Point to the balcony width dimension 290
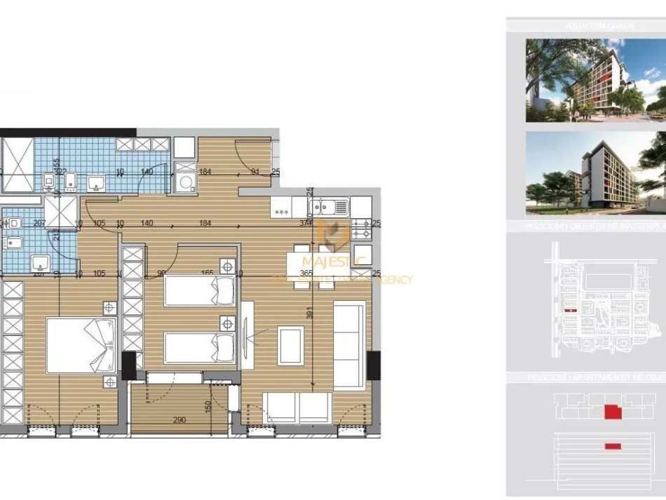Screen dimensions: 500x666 click(x=179, y=420)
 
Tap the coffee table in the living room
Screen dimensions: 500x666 click(x=290, y=345)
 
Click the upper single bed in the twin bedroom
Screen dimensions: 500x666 click(x=199, y=290)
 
